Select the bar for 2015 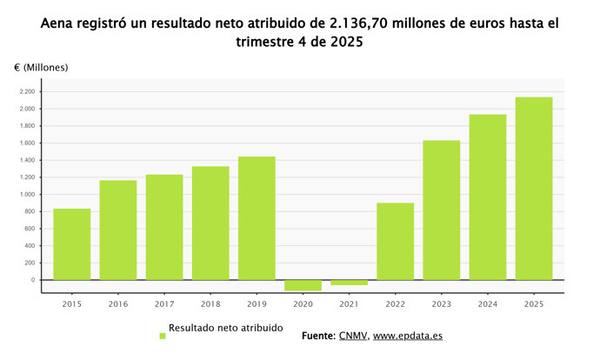click(71, 244)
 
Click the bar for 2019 click(257, 218)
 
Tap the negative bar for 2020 click(303, 285)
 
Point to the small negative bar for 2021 click(349, 283)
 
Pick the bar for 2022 click(395, 241)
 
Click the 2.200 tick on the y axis click(27, 92)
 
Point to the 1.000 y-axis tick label click(27, 195)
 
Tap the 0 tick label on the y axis click(31, 280)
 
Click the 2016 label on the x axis click(118, 304)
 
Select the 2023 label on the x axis click(442, 304)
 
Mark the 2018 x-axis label click(210, 304)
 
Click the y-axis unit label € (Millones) click(41, 67)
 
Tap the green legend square click(162, 335)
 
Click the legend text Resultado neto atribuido click(225, 329)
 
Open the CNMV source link click(353, 336)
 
